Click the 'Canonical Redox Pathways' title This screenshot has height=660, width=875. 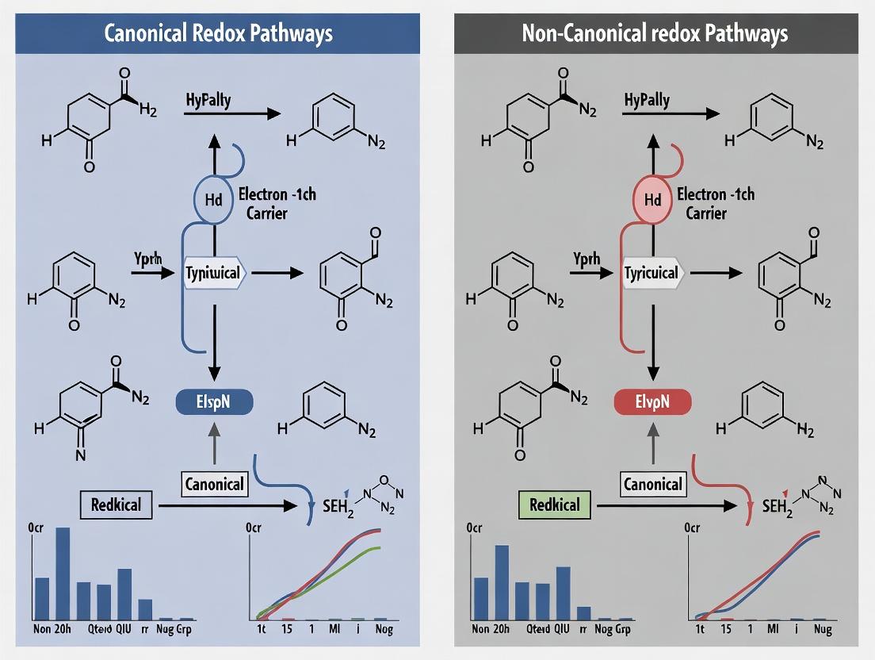point(217,33)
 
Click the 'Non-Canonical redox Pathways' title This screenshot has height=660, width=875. point(655,33)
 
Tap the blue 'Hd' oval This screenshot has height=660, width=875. point(214,200)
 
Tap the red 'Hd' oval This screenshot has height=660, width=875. point(653,200)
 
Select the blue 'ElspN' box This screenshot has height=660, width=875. point(213,402)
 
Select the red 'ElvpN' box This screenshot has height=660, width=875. point(652,402)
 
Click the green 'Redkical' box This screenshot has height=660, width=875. point(554,505)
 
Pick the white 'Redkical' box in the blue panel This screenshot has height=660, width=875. point(116,505)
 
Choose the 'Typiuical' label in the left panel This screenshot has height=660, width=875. point(214,273)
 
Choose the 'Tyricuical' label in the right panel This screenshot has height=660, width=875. point(651,273)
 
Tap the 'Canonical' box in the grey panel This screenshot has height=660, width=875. point(652,484)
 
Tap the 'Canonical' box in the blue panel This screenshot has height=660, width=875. point(214,484)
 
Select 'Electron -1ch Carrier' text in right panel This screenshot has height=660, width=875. point(714,203)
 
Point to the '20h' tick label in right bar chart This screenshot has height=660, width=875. point(501,629)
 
